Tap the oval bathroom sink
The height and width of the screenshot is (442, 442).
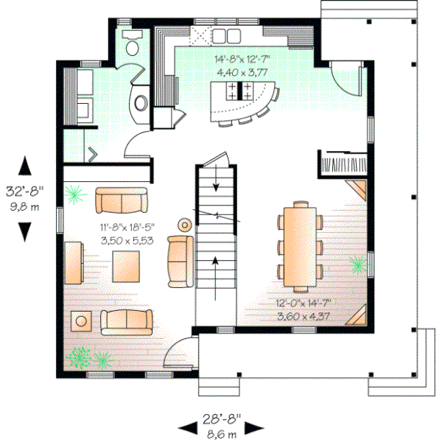point(140,103)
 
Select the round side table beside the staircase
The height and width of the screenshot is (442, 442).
point(184,224)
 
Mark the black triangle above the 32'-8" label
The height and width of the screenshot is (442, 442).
point(24,164)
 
